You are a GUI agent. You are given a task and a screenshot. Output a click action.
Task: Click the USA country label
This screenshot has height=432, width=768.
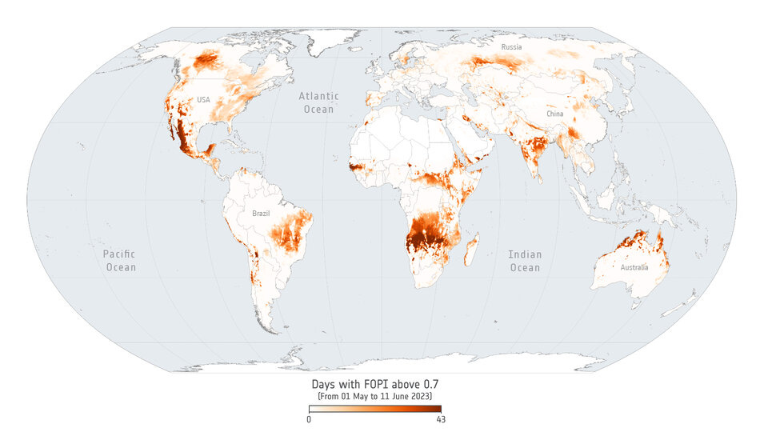[203, 100]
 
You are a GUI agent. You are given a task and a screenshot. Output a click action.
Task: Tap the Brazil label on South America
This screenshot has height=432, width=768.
[262, 214]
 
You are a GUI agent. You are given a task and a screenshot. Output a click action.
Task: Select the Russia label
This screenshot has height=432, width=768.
[512, 48]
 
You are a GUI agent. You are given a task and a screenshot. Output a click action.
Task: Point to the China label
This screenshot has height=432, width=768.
[554, 114]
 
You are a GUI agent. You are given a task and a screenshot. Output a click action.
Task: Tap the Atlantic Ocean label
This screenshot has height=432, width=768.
[318, 102]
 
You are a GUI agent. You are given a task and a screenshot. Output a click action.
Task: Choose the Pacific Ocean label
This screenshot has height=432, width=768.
[121, 261]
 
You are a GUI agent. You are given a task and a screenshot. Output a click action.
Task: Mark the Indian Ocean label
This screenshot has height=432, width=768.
[525, 261]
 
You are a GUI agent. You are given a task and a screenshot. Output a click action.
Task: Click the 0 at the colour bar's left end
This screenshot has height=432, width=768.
[310, 419]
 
